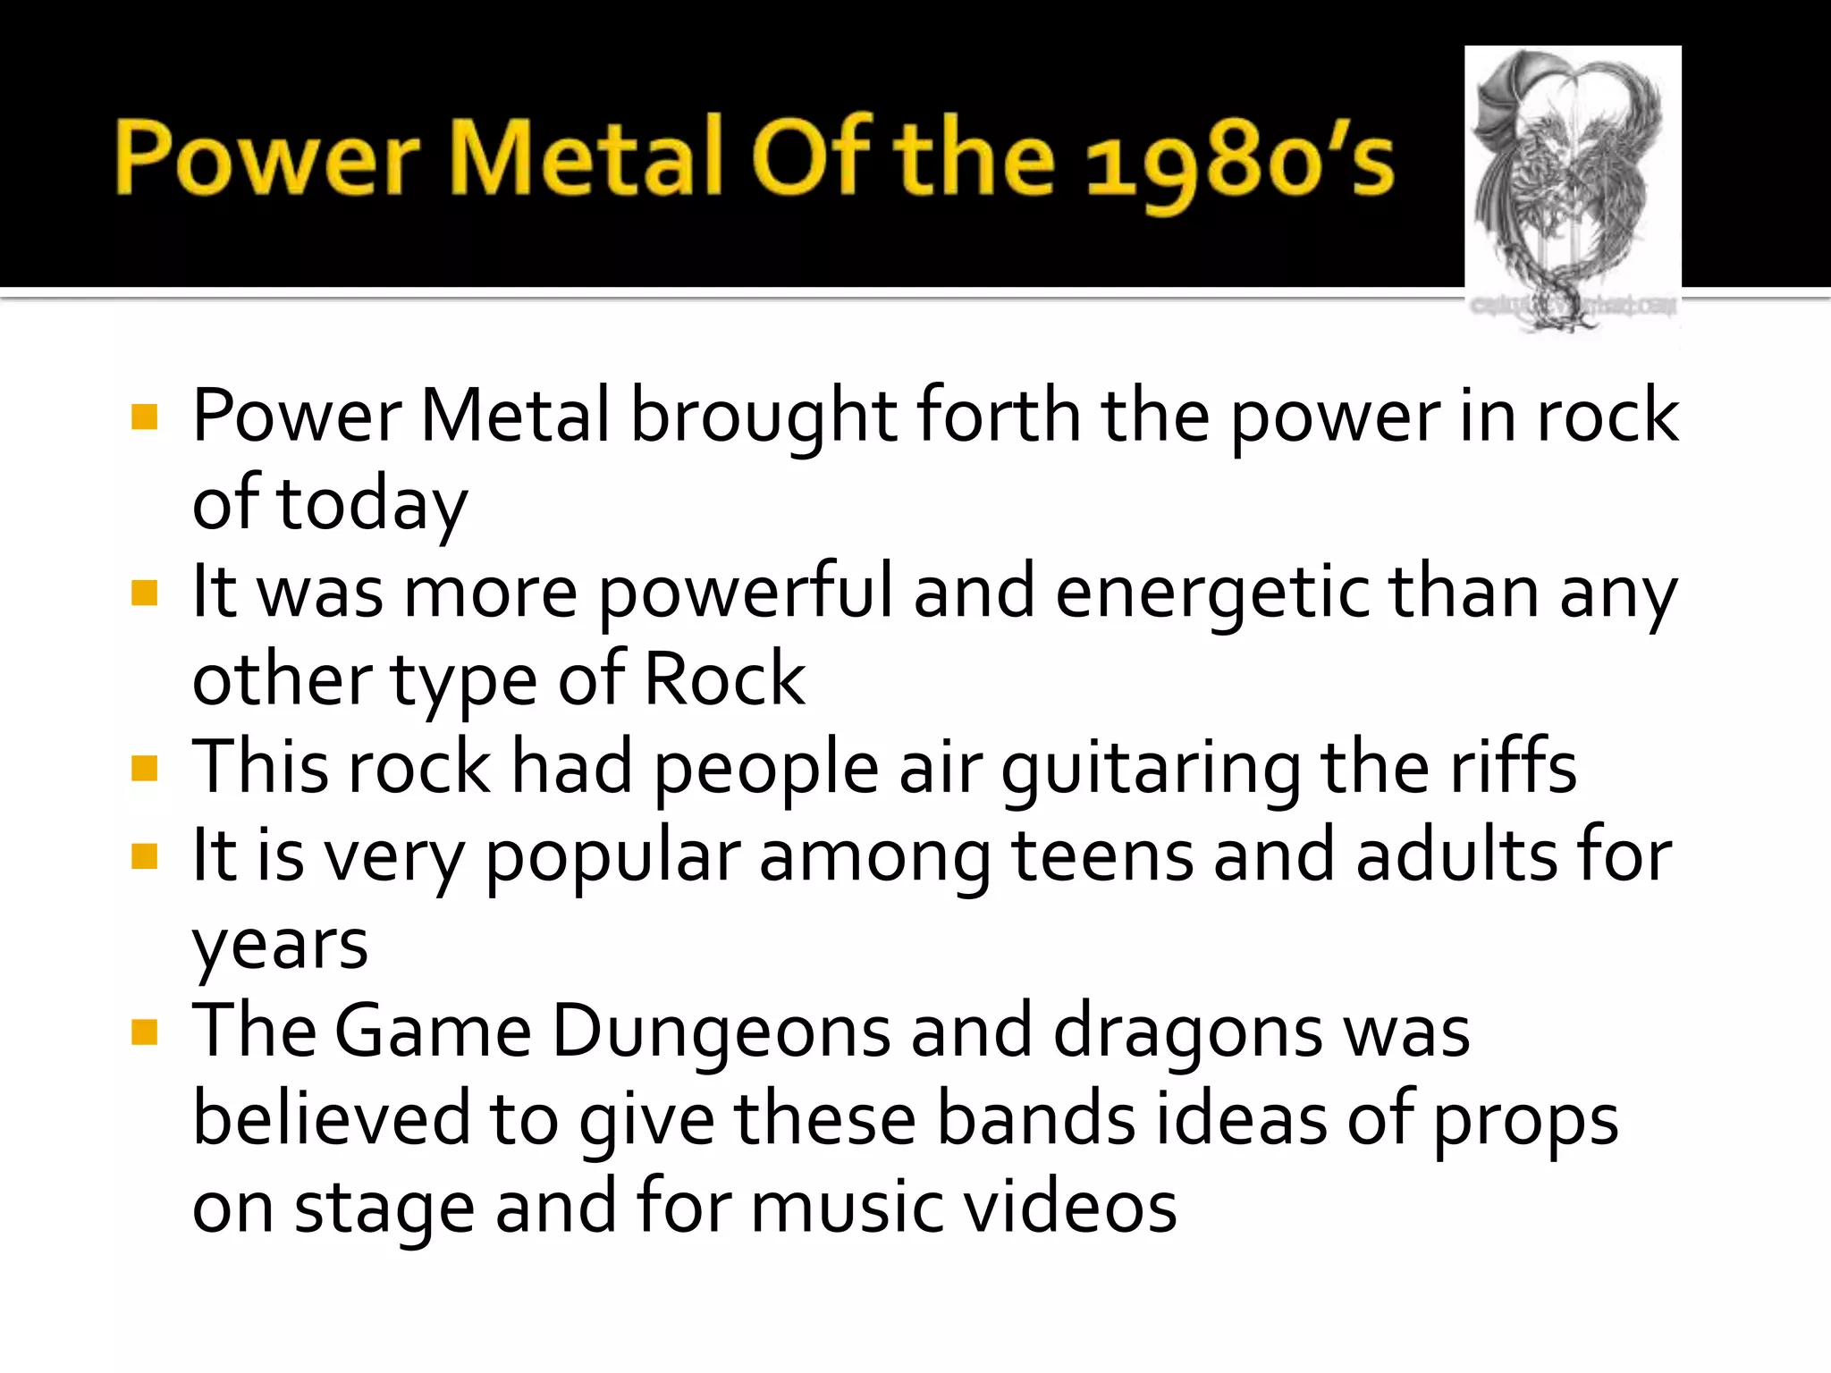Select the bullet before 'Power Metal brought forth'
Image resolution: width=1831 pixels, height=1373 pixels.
tap(144, 417)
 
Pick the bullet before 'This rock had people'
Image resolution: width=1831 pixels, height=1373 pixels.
tap(144, 768)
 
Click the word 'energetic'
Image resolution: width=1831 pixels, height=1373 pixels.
tap(1211, 593)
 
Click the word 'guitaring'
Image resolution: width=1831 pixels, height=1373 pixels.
tap(1151, 770)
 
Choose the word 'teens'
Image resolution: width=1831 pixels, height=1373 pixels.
tap(1101, 855)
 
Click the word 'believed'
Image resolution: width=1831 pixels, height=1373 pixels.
tap(331, 1119)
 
